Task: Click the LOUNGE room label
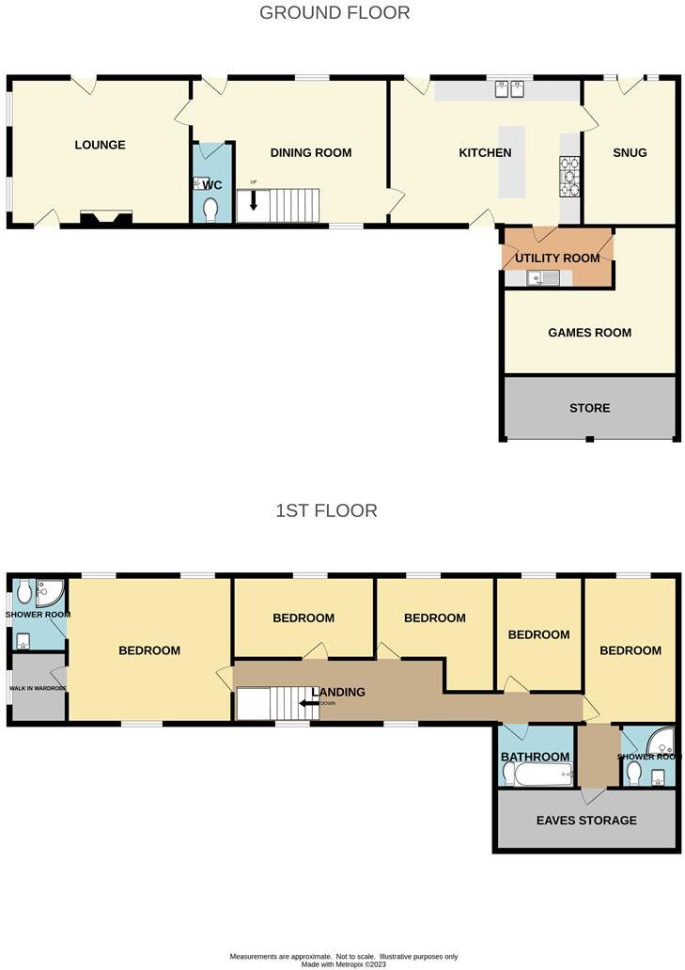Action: [100, 145]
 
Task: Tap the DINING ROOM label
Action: [310, 152]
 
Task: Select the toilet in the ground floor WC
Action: [210, 208]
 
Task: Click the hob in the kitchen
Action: [569, 175]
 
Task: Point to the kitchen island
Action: [512, 162]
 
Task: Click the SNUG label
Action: [630, 152]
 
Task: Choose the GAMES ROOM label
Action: [589, 332]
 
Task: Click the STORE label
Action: [589, 408]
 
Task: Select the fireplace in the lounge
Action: [105, 219]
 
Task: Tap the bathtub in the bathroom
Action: [538, 774]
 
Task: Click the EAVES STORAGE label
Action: [585, 821]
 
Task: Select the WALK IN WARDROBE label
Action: [37, 688]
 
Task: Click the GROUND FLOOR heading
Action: [335, 13]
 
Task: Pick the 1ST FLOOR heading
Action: [326, 511]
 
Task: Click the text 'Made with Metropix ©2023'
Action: [343, 963]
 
